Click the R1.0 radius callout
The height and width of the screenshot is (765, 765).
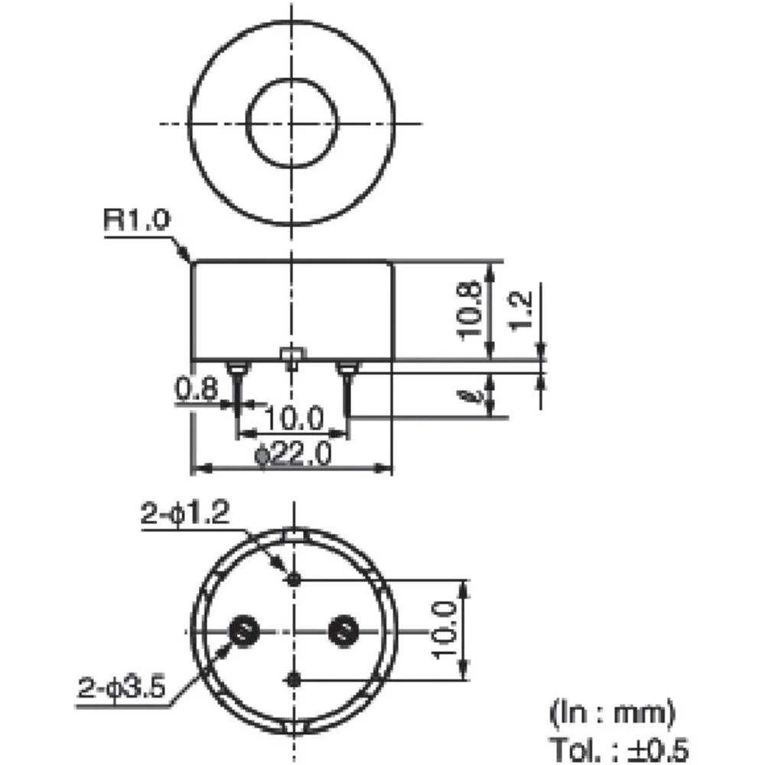tap(134, 222)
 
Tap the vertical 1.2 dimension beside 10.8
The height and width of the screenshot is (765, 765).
tap(522, 310)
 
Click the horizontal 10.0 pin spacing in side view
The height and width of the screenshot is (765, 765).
tap(294, 419)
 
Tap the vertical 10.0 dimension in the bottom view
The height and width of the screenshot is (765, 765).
tap(445, 630)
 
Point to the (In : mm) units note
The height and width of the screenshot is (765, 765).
tap(612, 714)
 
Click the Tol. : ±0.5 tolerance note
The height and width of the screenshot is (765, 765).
tap(618, 748)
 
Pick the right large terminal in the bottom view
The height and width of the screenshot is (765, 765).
tap(341, 630)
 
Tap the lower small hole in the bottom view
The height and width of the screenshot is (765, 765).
tap(293, 678)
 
